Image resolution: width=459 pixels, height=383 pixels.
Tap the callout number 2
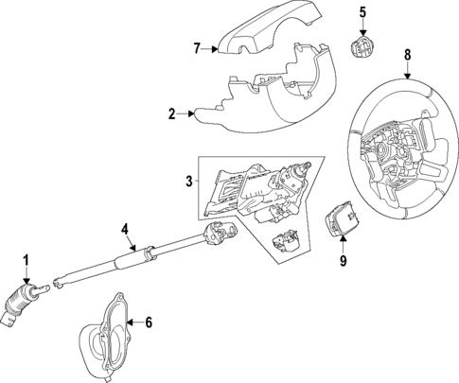171,114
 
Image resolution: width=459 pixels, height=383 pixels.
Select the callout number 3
189,180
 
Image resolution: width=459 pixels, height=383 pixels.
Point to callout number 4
124,228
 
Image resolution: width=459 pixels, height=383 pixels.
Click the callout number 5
362,11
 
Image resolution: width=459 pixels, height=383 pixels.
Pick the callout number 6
148,322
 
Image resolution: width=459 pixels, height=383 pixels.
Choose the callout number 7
197,47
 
